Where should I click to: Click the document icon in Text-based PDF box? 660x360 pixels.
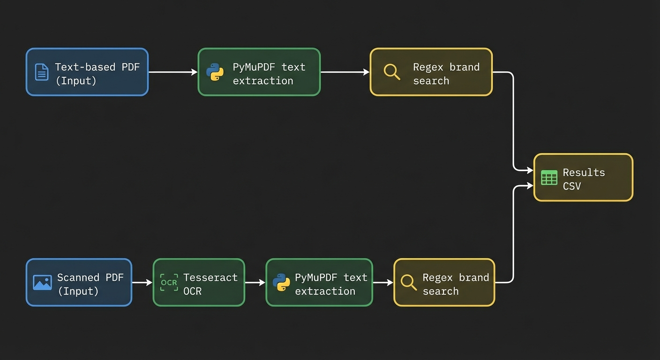42,72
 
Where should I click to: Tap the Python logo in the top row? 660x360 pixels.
215,72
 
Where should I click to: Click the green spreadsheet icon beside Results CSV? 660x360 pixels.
549,178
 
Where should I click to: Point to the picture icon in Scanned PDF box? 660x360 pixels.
42,283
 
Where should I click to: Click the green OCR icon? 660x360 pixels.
169,283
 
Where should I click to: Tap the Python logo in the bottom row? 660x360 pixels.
281,283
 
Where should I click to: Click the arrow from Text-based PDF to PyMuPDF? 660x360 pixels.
173,72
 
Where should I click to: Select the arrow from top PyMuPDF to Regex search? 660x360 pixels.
345,72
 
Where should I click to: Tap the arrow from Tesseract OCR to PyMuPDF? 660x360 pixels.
255,283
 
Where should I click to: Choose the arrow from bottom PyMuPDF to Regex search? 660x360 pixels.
383,283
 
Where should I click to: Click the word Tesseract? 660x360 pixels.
210,277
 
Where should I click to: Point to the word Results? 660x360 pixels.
584,172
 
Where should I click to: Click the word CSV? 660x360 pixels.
572,186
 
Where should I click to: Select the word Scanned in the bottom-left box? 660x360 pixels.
78,277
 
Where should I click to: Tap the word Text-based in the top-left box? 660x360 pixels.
85,67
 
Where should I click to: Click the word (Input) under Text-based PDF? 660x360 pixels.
76,81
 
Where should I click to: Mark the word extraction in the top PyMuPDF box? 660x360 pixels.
263,81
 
